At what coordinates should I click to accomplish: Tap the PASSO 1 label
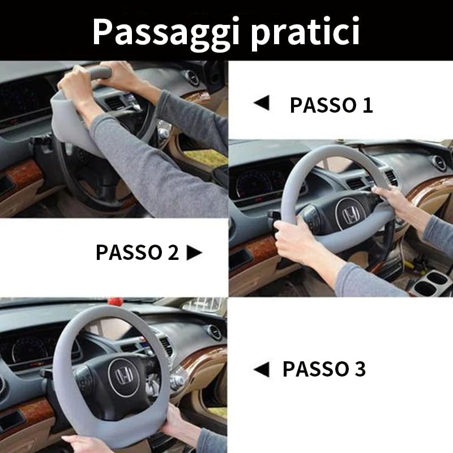(331, 105)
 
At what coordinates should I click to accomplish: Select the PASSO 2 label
(137, 253)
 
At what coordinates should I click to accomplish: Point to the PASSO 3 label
(324, 369)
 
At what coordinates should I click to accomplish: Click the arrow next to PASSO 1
(261, 104)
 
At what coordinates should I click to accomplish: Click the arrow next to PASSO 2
(194, 253)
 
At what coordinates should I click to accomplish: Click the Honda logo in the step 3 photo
(123, 376)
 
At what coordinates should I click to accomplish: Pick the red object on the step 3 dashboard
(119, 300)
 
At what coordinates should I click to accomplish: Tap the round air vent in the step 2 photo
(439, 163)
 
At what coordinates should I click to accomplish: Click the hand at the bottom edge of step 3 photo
(85, 443)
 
